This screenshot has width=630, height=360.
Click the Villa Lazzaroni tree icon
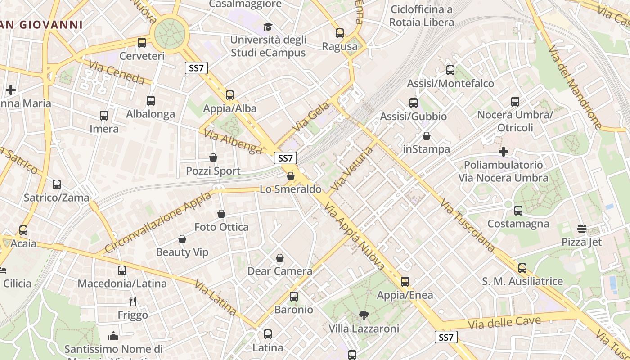[x=364, y=315]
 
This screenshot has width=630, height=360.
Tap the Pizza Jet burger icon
[x=581, y=229]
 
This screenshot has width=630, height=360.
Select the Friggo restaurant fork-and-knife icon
[x=132, y=301]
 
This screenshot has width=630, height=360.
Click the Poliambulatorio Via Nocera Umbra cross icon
[x=504, y=152]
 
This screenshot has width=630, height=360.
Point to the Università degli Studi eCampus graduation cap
[x=268, y=27]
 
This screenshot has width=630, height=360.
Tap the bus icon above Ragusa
[x=340, y=33]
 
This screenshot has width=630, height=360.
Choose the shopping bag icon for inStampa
[x=427, y=135]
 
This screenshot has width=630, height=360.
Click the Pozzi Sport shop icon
[x=213, y=157]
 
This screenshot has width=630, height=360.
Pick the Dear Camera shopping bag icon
[x=280, y=257]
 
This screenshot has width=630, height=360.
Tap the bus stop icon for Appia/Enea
[x=405, y=282]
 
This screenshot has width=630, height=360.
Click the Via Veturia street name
[x=351, y=168]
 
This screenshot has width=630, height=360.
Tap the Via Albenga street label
[x=233, y=141]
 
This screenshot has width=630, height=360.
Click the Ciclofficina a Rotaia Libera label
[x=422, y=16]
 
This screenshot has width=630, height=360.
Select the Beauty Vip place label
[x=182, y=252]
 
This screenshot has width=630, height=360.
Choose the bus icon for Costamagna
[x=518, y=210]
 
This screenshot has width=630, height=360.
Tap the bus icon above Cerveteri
[x=142, y=43]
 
